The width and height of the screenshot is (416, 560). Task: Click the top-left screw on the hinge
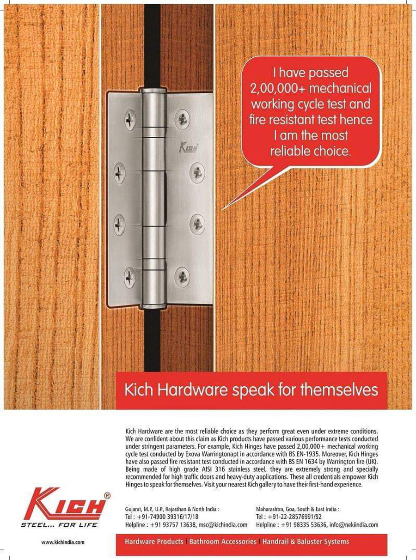tap(130, 120)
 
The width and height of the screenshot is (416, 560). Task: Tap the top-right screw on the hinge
tap(182, 120)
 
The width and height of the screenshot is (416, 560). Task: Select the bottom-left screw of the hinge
tap(130, 277)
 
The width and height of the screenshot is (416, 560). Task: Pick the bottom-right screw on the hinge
tap(182, 277)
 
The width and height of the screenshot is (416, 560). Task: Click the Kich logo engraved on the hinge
tap(189, 148)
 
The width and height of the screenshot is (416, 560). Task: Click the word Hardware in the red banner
tap(188, 390)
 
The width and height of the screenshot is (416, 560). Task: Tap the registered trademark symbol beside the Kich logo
tap(107, 495)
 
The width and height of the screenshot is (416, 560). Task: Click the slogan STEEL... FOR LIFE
tap(59, 524)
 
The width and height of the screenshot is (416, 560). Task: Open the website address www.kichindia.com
tap(63, 542)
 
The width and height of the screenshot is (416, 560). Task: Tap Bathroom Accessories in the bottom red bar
tap(223, 542)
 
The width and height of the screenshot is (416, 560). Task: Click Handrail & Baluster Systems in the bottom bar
tap(306, 542)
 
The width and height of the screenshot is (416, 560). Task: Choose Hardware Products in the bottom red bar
tap(154, 542)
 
